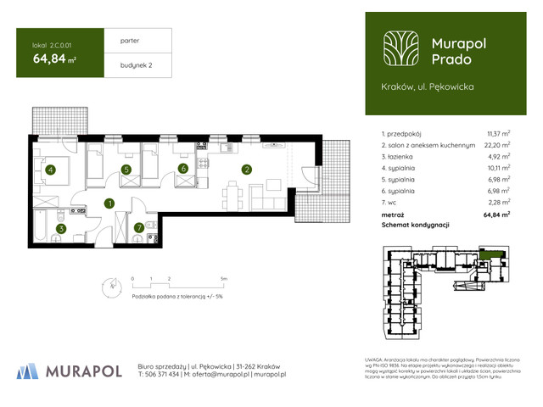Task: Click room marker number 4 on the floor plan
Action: [x=51, y=170]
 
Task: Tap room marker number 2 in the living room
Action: [x=246, y=170]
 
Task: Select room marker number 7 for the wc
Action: [x=139, y=227]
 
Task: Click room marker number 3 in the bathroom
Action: [x=60, y=227]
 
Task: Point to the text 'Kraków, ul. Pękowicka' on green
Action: [x=428, y=86]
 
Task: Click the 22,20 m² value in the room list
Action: [x=497, y=145]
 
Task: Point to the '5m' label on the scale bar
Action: [x=222, y=278]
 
